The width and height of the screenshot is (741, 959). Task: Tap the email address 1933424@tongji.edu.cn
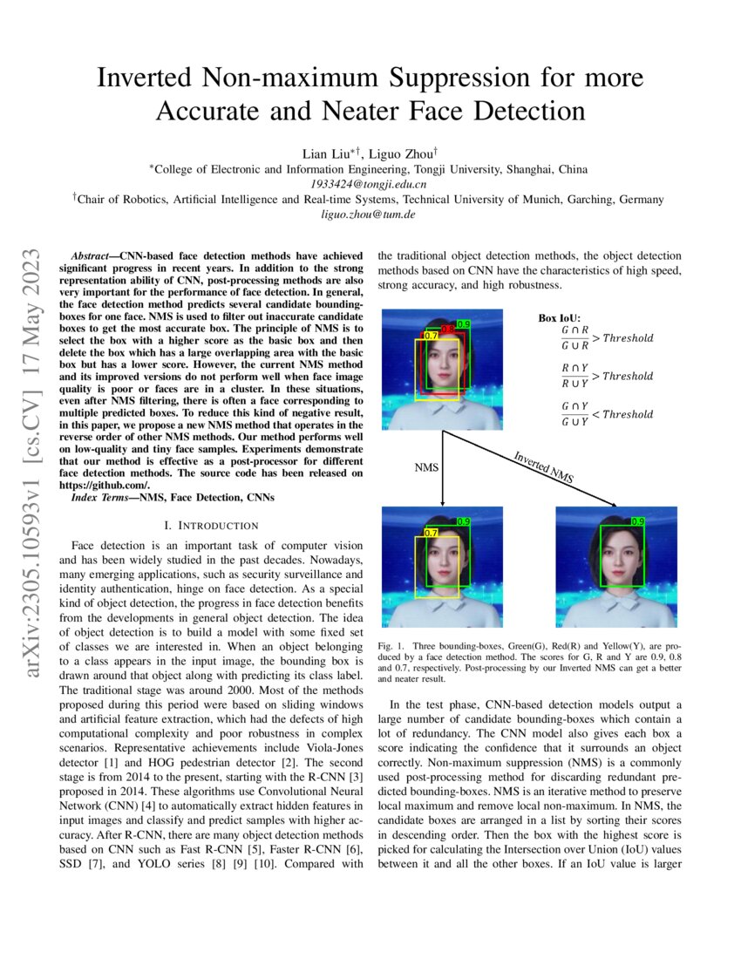(370, 184)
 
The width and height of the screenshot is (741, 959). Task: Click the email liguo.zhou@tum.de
(370, 214)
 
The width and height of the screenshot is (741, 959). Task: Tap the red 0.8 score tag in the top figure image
(447, 330)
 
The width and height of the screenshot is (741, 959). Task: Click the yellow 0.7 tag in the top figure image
(431, 335)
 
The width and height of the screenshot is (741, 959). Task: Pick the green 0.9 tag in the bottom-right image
(637, 521)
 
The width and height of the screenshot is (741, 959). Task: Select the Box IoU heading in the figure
(560, 318)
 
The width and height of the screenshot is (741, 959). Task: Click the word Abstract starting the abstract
(91, 258)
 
